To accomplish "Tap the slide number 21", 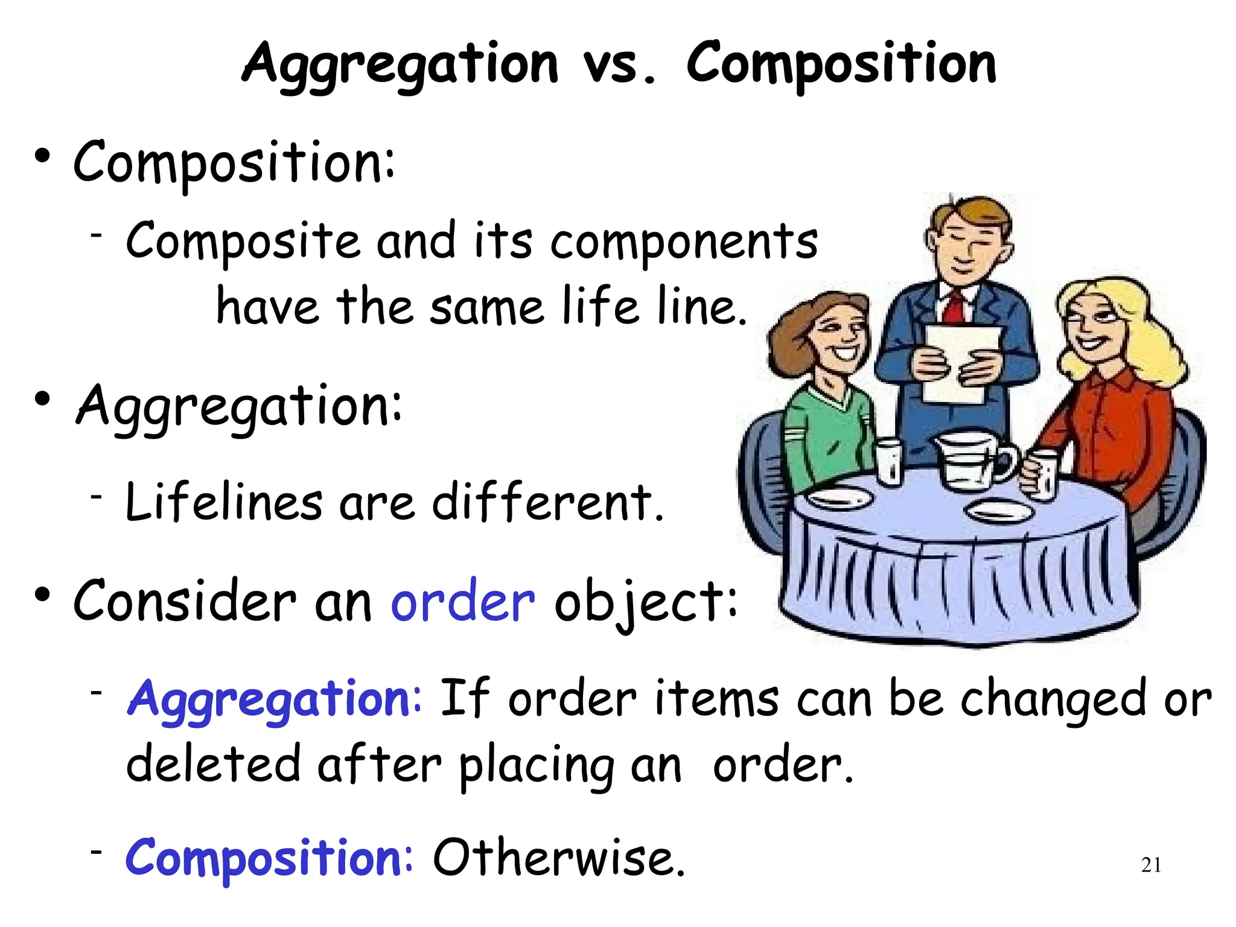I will point(1151,865).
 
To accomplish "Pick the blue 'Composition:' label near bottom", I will point(269,858).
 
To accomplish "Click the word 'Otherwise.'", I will point(559,858).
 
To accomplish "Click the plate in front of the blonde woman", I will point(1000,512).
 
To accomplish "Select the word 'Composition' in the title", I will point(841,65).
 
